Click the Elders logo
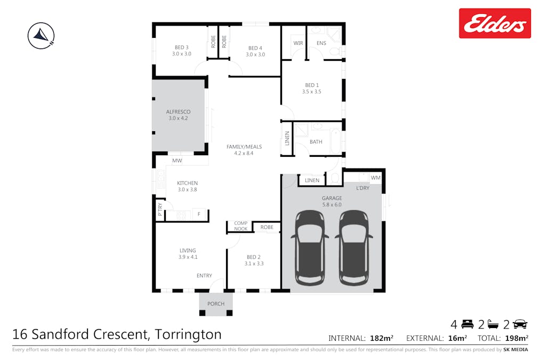tap(495, 23)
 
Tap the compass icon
tap(41, 36)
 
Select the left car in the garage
tap(310, 247)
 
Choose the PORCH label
tap(216, 304)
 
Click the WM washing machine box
tap(375, 178)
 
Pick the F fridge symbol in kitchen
tap(199, 214)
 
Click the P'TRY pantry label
tap(160, 210)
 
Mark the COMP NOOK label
tap(240, 226)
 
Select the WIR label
tap(298, 43)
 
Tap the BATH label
tap(316, 142)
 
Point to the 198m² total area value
tap(516, 338)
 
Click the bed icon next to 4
tap(468, 324)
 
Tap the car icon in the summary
tap(520, 324)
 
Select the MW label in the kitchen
tap(177, 161)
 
